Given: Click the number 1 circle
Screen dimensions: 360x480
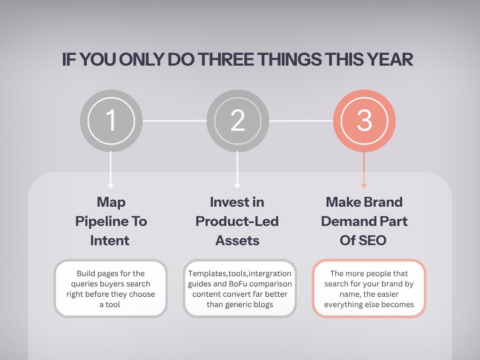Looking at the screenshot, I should pyautogui.click(x=111, y=120).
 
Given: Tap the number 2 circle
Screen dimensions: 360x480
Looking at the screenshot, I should pyautogui.click(x=238, y=120).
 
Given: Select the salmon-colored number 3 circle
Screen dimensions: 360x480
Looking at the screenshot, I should pyautogui.click(x=364, y=120).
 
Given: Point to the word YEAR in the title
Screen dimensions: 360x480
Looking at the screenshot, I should pyautogui.click(x=390, y=60).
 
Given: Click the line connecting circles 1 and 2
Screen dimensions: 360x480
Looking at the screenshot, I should pyautogui.click(x=174, y=121).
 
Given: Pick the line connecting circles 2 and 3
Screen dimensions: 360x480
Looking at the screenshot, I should pyautogui.click(x=301, y=121).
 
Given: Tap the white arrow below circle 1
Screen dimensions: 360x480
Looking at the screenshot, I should pyautogui.click(x=111, y=169).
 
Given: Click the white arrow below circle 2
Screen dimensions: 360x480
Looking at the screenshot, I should pyautogui.click(x=238, y=169).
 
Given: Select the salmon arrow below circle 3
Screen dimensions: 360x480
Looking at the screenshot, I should pyautogui.click(x=364, y=169).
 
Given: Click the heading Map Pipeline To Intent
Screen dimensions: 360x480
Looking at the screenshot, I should pyautogui.click(x=111, y=221).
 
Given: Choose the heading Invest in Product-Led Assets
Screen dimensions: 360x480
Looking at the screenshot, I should pyautogui.click(x=237, y=221).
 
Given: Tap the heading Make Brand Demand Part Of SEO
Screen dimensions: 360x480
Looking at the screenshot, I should pyautogui.click(x=364, y=221).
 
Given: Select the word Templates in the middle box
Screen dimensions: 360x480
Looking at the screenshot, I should pyautogui.click(x=205, y=273).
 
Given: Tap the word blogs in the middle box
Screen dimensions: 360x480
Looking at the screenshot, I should pyautogui.click(x=262, y=305).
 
